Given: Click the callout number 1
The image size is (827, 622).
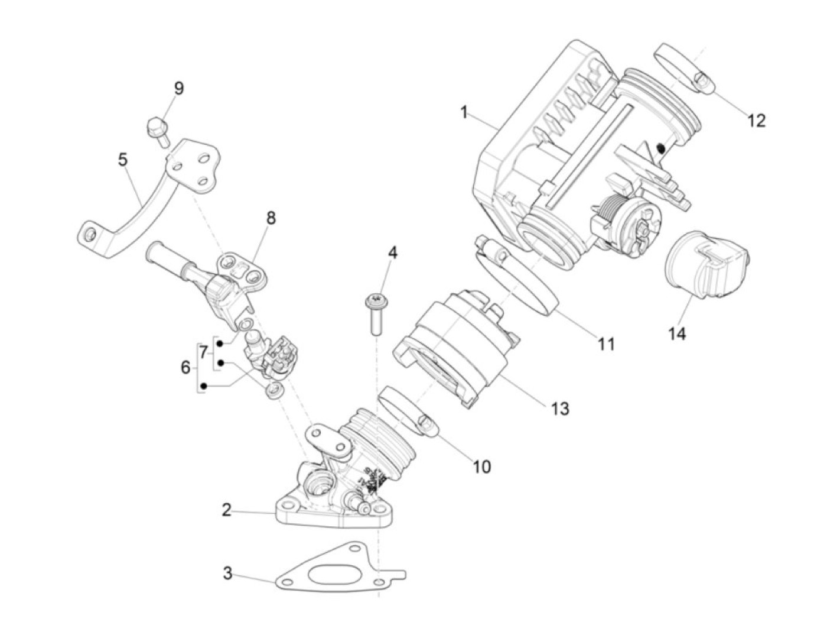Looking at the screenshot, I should coord(464,112).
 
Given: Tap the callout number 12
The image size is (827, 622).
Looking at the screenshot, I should coord(756,121).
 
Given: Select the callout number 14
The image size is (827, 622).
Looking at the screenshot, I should coord(677,333).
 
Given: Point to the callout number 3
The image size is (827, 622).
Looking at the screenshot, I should coord(227,573).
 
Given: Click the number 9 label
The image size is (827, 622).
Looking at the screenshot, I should coord(178,89).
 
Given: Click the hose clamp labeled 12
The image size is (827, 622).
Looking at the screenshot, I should coord(679,68).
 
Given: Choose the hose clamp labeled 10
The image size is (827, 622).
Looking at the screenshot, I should coord(408,411).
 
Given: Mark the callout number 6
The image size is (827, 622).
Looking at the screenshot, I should coord(185,368).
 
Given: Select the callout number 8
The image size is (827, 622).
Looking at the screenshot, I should coord(271,218).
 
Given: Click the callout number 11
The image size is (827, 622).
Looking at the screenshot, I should coord(606,344).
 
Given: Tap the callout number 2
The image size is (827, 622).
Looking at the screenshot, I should coord(227,510).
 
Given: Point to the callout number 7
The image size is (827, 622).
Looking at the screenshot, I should coord(203,353).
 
